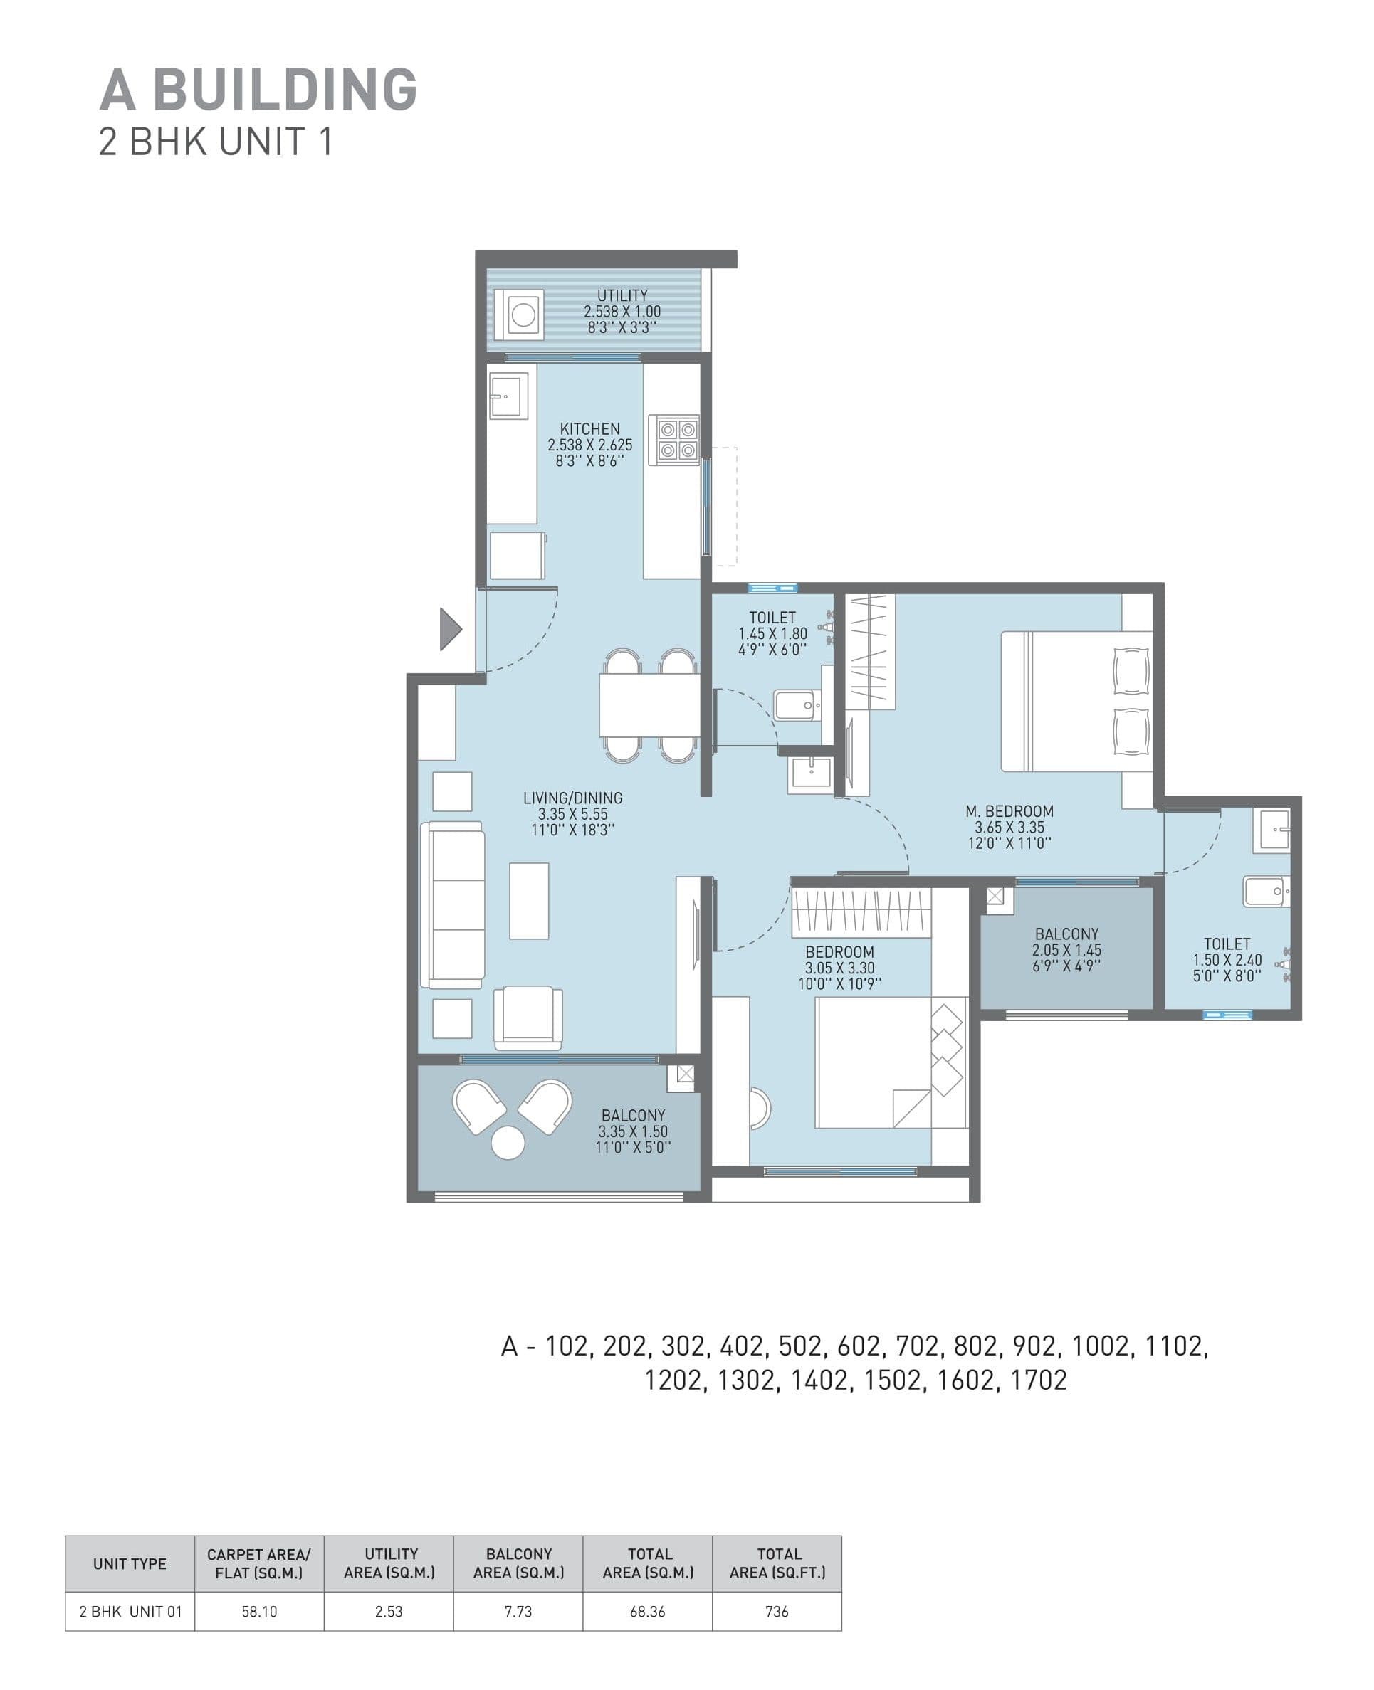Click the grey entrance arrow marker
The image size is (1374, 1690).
(x=449, y=629)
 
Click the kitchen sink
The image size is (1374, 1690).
(x=507, y=396)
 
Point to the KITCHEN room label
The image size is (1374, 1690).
(x=589, y=429)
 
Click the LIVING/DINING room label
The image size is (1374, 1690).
(x=572, y=798)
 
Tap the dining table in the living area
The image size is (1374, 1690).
(x=649, y=705)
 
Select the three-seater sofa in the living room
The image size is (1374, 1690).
(x=453, y=904)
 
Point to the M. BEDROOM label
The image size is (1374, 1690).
(x=1009, y=811)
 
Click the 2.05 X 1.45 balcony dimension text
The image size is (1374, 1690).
(x=1066, y=950)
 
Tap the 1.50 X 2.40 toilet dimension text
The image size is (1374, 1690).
(x=1227, y=960)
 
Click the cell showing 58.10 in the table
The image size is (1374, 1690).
(x=259, y=1611)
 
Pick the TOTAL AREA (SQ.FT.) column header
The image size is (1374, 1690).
(x=777, y=1563)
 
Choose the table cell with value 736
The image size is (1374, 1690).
(x=777, y=1611)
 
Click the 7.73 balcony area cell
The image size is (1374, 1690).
(x=518, y=1611)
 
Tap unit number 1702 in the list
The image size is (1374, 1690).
(x=1039, y=1380)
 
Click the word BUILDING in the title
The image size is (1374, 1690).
(x=284, y=90)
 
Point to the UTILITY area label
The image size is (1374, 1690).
(x=622, y=295)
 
